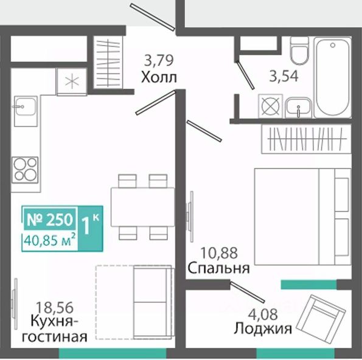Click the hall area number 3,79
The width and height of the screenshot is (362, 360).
(x=158, y=60)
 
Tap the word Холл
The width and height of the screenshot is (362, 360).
(x=159, y=77)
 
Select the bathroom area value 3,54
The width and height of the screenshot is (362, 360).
(x=284, y=76)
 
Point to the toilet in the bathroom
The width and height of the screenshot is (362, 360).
(x=299, y=50)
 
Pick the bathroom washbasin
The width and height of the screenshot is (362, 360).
(x=299, y=108)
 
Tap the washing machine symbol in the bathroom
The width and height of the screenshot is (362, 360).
(x=271, y=106)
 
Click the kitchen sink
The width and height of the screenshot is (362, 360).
(x=26, y=111)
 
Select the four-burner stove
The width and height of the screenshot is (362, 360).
(x=25, y=170)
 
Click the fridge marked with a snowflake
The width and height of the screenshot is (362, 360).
(x=72, y=81)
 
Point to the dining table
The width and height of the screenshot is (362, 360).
(x=143, y=207)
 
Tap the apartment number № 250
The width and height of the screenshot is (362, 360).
(x=50, y=220)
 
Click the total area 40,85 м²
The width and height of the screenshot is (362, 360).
(x=50, y=240)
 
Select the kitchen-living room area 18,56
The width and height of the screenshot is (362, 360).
(x=55, y=307)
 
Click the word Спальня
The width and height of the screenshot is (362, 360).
(x=218, y=268)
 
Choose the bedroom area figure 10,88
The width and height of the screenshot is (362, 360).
(x=219, y=253)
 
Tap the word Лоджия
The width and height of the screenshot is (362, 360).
(x=263, y=328)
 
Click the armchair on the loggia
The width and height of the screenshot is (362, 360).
(x=321, y=316)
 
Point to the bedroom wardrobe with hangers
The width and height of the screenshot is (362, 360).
(x=307, y=139)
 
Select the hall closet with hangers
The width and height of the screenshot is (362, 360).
(x=108, y=62)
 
